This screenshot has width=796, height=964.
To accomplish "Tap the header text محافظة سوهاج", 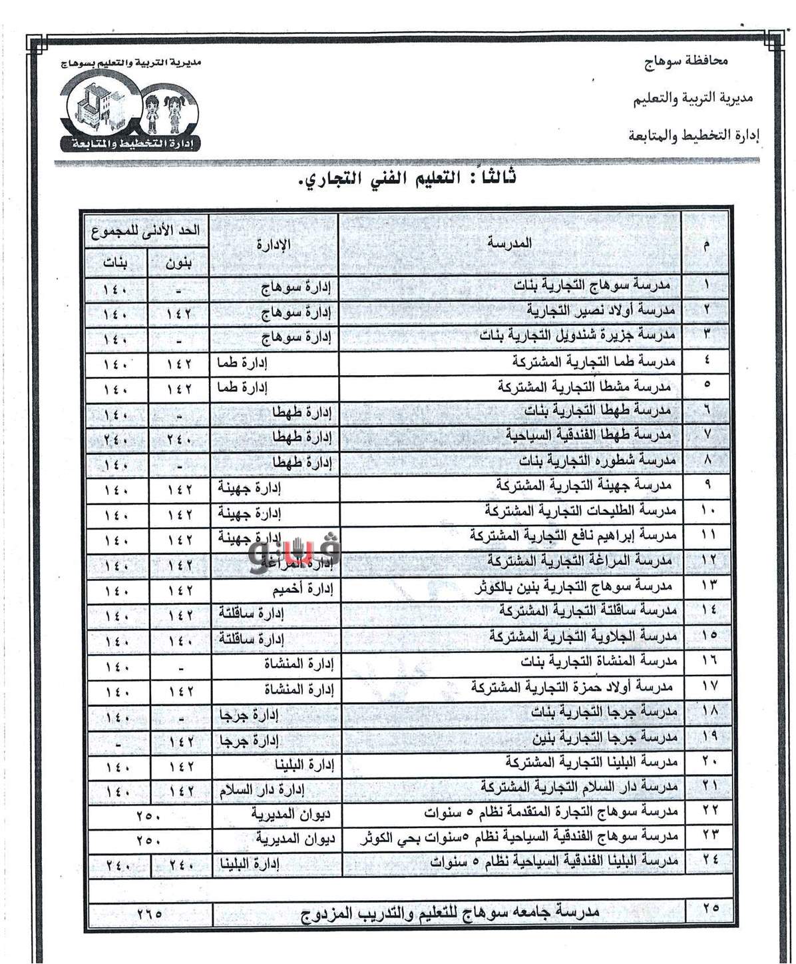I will pos(687,61).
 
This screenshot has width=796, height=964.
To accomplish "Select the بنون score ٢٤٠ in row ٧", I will pos(178,439).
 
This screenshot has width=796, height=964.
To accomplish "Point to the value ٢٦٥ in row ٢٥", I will pos(149,913).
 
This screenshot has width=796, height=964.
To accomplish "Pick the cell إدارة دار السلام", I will pos(262,790).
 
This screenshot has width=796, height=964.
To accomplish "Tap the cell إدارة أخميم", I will pos(302,590).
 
